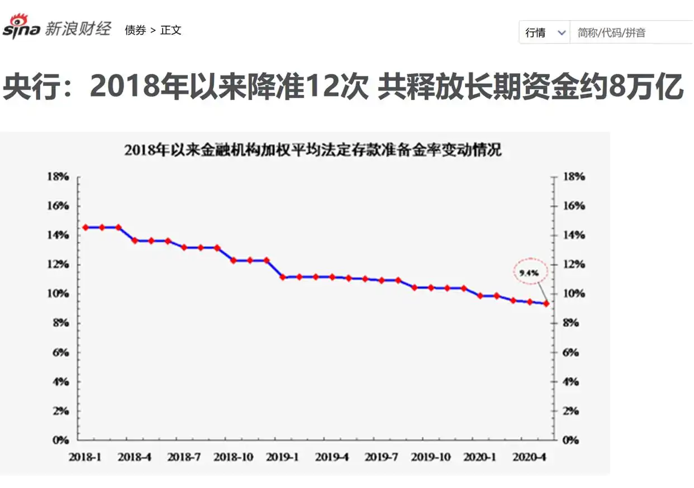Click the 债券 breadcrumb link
pos(135,30)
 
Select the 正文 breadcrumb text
pos(171,30)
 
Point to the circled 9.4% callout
pos(529,273)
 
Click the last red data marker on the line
pos(546,304)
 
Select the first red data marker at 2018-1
pos(85,227)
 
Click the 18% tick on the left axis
pos(58,176)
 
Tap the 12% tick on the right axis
pos(573,265)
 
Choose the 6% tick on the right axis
pos(573,352)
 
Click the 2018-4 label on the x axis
pos(134,457)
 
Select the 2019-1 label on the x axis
pos(282,457)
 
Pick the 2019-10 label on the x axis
pos(430,457)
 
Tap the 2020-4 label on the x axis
pos(529,457)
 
